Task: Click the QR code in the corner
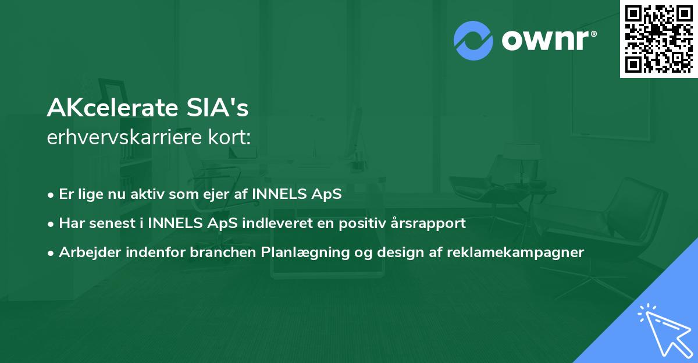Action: (658, 38)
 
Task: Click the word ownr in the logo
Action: (547, 41)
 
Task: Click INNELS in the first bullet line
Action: (277, 194)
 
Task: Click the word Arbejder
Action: (86, 252)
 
